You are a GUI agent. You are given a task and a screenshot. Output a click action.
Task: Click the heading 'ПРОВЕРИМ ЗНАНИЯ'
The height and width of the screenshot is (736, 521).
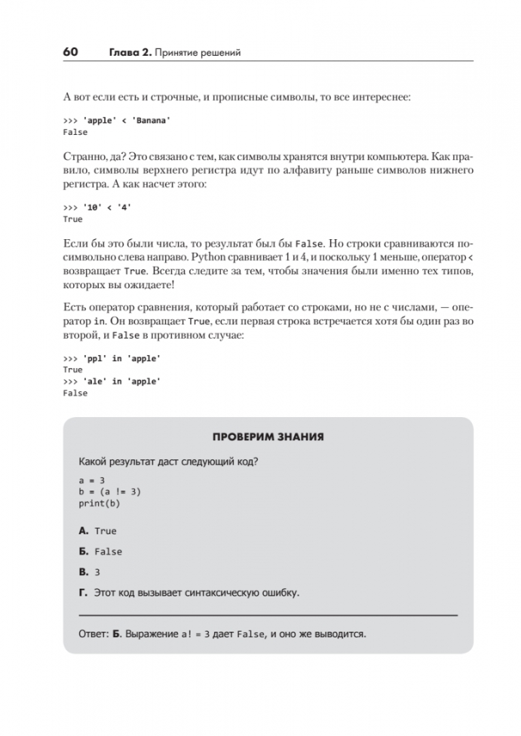[267, 436]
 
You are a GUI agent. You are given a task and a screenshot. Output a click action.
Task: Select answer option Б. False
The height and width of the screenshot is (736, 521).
[100, 551]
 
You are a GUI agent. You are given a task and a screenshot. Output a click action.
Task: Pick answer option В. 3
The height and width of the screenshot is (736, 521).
[89, 572]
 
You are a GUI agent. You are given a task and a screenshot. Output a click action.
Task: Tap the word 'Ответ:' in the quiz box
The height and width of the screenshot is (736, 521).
[93, 634]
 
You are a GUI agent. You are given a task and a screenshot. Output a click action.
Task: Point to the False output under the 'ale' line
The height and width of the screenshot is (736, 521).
[75, 393]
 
